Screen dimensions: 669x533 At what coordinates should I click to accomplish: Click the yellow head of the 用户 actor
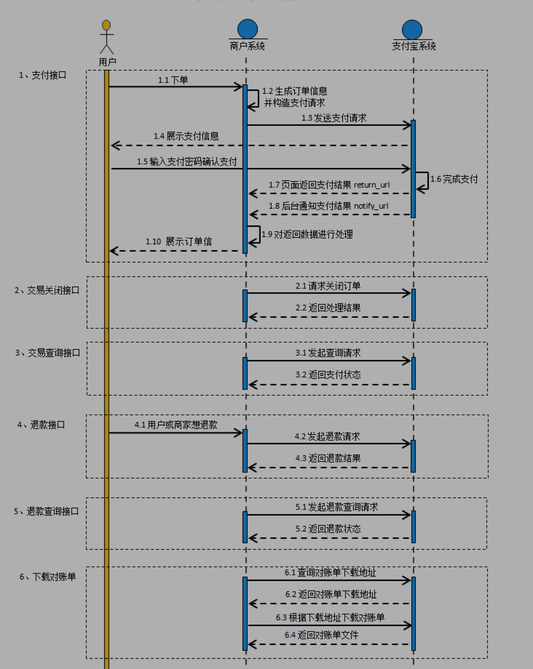106,25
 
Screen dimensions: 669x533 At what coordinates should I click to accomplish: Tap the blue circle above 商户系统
248,29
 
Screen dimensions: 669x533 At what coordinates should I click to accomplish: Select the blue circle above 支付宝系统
412,29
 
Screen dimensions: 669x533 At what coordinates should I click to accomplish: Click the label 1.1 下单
173,80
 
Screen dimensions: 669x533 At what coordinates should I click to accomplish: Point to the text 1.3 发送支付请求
334,118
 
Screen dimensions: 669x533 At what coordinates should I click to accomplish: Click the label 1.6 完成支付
454,179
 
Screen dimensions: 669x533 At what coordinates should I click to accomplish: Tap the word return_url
372,185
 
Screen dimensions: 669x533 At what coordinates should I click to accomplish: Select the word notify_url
371,206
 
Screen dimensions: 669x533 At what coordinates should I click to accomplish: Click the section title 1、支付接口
43,75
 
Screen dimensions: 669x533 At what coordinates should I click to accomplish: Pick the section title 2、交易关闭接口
47,291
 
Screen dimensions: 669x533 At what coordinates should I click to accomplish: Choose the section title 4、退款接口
41,425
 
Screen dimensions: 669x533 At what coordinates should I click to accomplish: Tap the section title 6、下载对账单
48,577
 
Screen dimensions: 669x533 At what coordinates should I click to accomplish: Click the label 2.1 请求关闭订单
328,286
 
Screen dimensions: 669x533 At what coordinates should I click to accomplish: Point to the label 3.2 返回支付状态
328,375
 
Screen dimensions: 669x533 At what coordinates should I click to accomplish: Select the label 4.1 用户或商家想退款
176,425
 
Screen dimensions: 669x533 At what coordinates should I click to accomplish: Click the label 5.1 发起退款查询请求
337,507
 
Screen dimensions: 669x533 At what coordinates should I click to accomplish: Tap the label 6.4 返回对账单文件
321,635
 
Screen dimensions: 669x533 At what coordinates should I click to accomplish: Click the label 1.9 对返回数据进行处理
307,235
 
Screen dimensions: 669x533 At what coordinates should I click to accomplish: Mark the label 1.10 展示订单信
179,242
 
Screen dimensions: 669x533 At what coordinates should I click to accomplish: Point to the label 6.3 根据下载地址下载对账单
330,617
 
